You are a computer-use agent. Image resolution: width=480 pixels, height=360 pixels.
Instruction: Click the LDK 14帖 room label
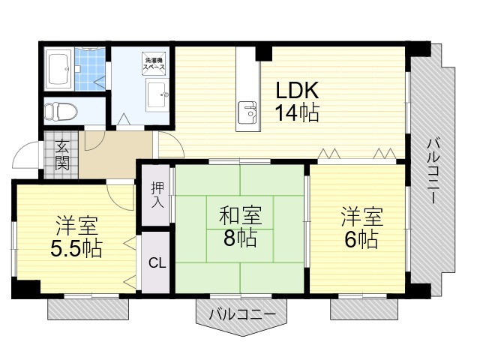coord(297,102)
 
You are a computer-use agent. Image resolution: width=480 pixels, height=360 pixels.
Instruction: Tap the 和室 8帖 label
coord(240,226)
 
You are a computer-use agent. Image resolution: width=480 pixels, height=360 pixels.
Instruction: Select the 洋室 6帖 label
coord(362,228)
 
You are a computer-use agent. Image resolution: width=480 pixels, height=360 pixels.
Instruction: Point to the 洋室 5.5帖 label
coord(76,237)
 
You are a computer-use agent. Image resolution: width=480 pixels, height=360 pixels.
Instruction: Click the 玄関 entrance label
coord(61,155)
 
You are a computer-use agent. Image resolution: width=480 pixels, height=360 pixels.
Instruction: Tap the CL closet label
coord(157,262)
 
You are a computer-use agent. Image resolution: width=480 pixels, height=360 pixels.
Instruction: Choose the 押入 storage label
coord(157,195)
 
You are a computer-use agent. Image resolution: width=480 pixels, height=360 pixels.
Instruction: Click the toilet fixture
coord(61,112)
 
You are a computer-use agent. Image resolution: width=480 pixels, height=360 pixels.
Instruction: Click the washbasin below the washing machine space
coord(157,95)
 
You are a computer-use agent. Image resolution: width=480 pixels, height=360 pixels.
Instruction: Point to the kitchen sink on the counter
coord(247,112)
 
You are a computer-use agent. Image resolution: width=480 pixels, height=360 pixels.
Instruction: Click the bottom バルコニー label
coord(242,315)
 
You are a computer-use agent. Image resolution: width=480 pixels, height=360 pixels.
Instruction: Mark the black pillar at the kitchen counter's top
coord(263,53)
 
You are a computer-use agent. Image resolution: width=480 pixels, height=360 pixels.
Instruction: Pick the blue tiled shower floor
coord(90,69)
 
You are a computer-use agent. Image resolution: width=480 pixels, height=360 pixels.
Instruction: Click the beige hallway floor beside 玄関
coord(115,154)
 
